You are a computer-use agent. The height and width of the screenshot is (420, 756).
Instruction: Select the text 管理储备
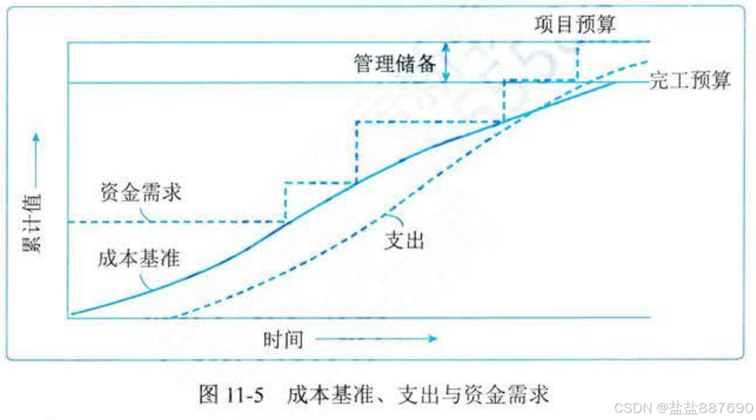[395, 63]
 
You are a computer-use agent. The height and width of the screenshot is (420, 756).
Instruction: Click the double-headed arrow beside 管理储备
[446, 62]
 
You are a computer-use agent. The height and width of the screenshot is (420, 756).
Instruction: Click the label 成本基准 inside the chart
[139, 258]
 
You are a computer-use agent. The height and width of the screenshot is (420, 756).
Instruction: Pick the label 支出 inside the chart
[404, 239]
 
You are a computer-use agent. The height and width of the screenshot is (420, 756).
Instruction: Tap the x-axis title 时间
[283, 340]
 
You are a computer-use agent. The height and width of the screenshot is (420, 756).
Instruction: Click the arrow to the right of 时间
[376, 340]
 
